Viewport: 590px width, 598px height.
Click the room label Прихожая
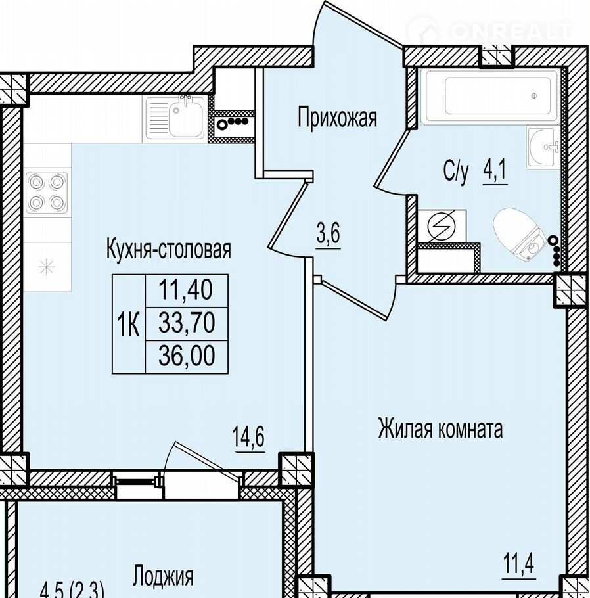(x=337, y=118)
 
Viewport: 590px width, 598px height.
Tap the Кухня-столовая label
(x=169, y=250)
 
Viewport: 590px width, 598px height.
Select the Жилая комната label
(x=440, y=429)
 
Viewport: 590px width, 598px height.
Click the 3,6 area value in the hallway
(x=328, y=233)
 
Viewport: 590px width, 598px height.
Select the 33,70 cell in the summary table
(x=187, y=323)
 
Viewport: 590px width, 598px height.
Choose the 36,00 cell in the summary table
(x=187, y=356)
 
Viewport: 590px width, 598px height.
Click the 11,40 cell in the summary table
(x=186, y=290)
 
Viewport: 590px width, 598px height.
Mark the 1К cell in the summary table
(x=129, y=323)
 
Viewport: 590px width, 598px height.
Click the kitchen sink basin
(x=187, y=117)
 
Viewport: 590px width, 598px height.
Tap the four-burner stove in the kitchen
(x=47, y=191)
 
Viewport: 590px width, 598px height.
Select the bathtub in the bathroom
(x=491, y=96)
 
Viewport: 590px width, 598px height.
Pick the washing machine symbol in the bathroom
(x=442, y=226)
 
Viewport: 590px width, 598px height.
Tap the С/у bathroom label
(x=456, y=172)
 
